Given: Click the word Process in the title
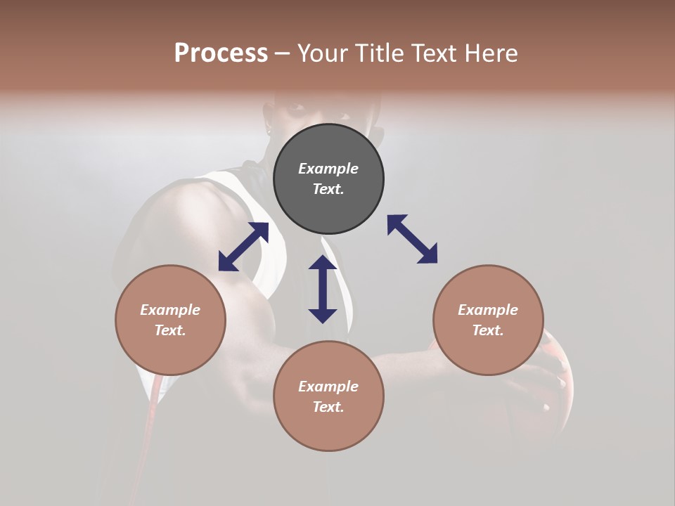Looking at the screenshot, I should (221, 53).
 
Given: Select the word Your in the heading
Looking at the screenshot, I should (323, 53).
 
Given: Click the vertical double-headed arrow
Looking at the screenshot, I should (323, 289).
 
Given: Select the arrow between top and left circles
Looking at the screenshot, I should (243, 247).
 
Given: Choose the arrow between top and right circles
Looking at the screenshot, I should (412, 239).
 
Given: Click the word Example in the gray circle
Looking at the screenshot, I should (328, 169).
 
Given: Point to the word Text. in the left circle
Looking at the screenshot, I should (170, 330).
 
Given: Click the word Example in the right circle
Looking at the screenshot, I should (488, 310).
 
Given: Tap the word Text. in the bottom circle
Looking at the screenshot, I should (328, 407).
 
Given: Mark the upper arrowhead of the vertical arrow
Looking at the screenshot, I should (323, 264).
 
